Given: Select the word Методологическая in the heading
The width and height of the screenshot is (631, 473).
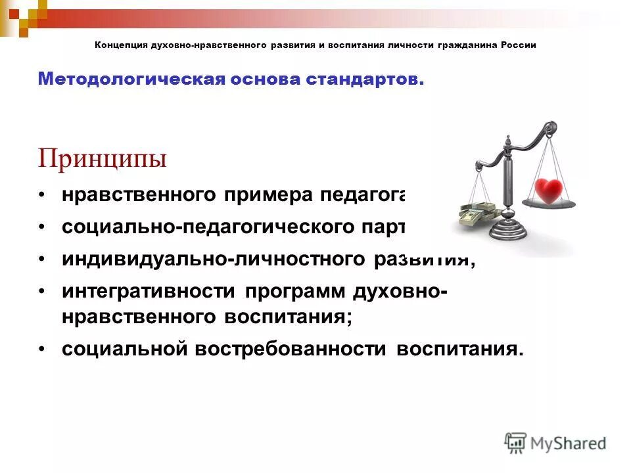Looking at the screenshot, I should [131, 79].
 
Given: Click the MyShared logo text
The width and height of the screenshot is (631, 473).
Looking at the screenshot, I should [569, 443].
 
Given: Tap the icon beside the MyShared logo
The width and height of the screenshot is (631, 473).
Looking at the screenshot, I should [516, 443].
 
